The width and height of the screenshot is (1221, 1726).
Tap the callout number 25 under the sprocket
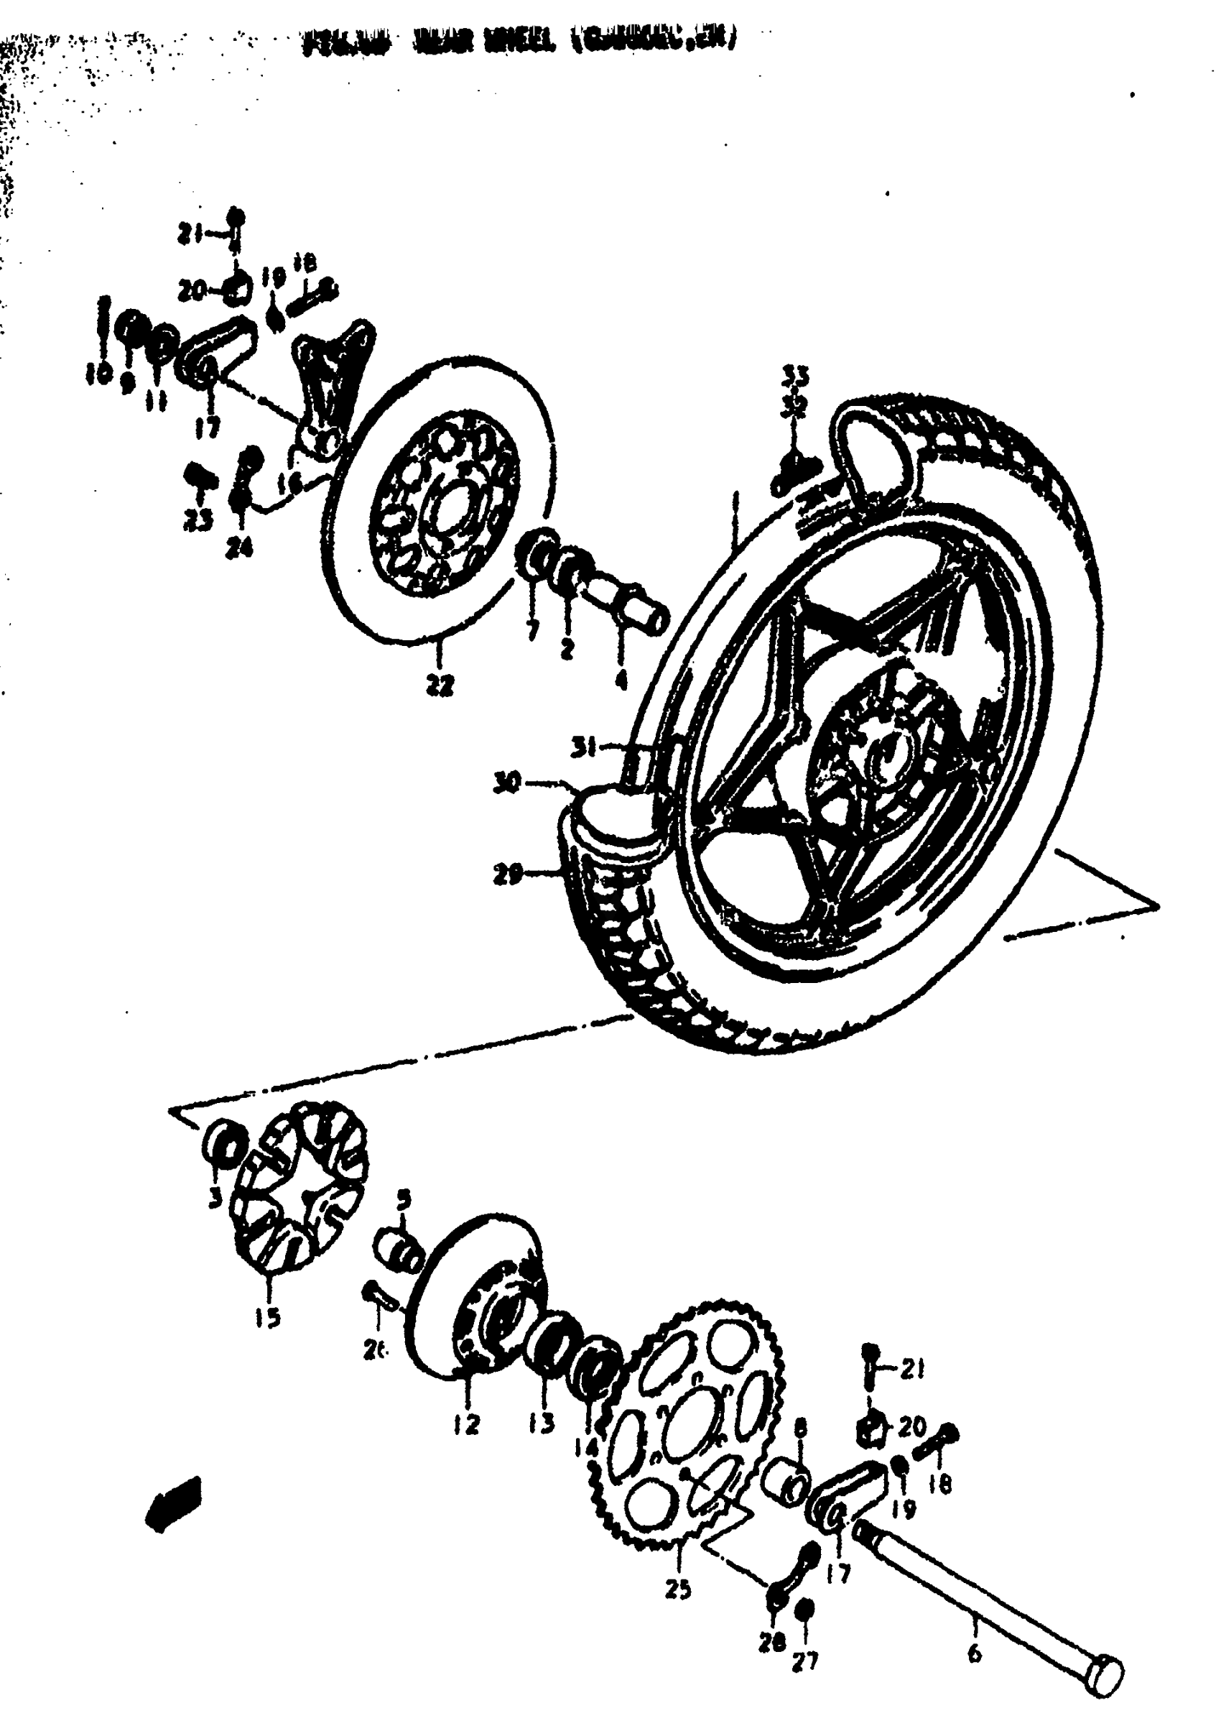pos(678,1589)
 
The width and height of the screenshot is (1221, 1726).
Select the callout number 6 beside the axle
pos(975,1655)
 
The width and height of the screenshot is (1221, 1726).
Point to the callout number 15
pos(268,1316)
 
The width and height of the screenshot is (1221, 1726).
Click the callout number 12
pos(466,1423)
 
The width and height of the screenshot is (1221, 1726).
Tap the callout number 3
pos(215,1197)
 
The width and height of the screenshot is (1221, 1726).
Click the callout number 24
pos(240,550)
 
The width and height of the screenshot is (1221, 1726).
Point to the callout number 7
pos(533,630)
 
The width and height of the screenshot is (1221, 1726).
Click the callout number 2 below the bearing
pos(567,647)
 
